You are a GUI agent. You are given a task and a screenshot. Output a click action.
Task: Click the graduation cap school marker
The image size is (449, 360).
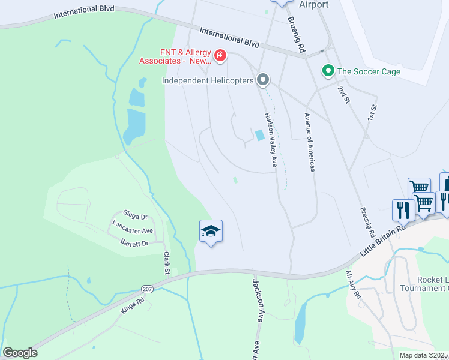(x=211, y=231)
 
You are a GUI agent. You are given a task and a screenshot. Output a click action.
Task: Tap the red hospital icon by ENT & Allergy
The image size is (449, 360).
(x=220, y=56)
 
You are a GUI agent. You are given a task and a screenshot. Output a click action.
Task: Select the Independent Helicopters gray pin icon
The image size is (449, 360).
(x=262, y=80)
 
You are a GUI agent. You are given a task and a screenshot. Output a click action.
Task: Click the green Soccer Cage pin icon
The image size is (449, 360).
(x=328, y=71)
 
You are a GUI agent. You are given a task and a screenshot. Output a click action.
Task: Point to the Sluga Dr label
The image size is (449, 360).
(x=135, y=215)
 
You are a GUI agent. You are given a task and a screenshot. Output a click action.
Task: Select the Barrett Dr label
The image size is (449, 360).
(x=134, y=243)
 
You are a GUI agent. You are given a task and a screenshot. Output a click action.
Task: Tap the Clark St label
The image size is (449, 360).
(x=166, y=263)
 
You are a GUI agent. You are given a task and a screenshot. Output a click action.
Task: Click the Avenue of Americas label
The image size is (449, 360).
(x=309, y=142)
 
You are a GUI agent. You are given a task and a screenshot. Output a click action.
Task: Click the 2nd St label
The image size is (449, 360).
(x=343, y=94)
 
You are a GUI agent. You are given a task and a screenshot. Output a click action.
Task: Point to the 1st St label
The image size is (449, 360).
(x=373, y=113)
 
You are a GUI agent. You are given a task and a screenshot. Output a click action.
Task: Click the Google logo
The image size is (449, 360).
(x=20, y=353)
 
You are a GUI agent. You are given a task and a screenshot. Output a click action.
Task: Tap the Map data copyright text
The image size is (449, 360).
(x=424, y=355)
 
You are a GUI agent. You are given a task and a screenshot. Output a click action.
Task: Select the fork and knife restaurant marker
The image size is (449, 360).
(x=402, y=210)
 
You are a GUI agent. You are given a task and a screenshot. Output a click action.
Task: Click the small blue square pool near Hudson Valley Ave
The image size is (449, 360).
(x=260, y=136)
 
